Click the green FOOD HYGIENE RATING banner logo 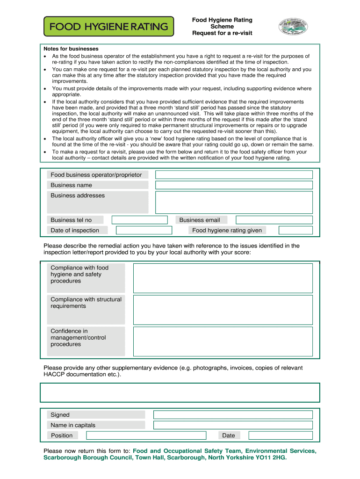tap(108, 27)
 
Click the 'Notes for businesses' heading tap(71, 49)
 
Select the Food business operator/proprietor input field tap(234, 174)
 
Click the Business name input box tap(234, 185)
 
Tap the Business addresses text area tap(234, 202)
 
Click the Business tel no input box tap(139, 220)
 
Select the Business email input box tap(274, 220)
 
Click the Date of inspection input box tap(144, 230)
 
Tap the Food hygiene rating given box tap(295, 230)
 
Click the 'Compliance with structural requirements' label tap(86, 303)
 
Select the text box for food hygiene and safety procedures tap(223, 278)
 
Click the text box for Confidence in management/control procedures tap(223, 341)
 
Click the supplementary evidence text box tap(180, 392)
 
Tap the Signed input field tap(233, 414)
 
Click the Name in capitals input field tap(233, 425)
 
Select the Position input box tap(144, 435)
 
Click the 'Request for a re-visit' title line tap(222, 33)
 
